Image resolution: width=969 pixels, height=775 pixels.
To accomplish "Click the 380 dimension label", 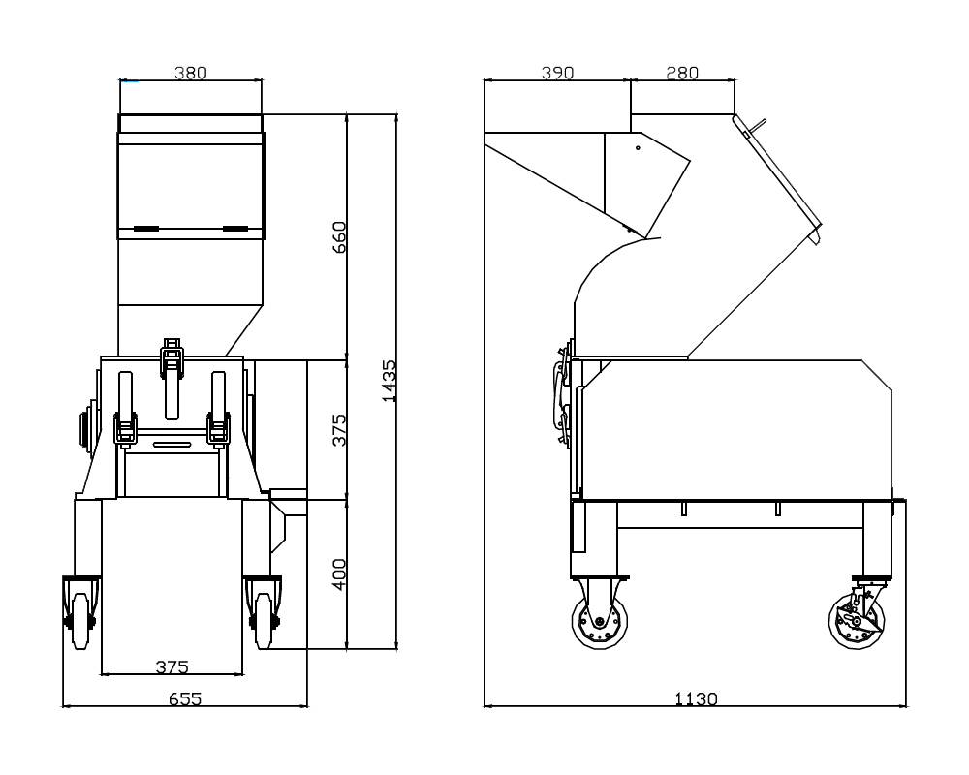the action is pos(190,73).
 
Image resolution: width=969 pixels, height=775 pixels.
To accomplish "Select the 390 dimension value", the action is pos(557,73).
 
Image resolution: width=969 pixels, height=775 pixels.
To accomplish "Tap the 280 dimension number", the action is pos(682,73).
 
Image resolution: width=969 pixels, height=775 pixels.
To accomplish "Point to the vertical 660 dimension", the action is pos(339,236).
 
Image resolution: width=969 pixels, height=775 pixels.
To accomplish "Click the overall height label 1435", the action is pos(389,382).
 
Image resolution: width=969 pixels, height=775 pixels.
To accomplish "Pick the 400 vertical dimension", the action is pos(339,574).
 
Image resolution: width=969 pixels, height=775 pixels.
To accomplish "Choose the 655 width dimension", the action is pos(185,698).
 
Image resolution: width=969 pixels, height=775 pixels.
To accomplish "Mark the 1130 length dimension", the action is pos(696,698).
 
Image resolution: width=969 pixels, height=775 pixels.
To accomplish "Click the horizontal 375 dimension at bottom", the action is pos(172,666).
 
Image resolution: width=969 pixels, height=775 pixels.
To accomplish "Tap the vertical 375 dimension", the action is pos(339,429).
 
